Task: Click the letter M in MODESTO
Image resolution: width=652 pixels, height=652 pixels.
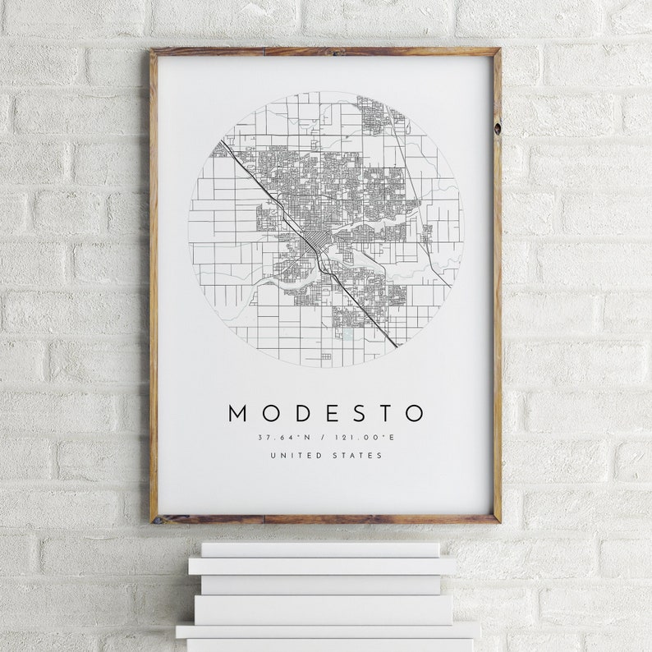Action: (237, 413)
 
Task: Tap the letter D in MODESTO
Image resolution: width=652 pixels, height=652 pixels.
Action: (297, 413)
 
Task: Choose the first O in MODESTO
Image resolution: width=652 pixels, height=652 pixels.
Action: (268, 413)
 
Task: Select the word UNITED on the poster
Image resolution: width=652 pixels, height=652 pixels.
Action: (296, 456)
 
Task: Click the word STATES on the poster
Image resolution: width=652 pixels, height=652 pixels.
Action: (358, 456)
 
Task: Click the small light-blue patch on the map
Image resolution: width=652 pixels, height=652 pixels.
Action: (347, 334)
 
